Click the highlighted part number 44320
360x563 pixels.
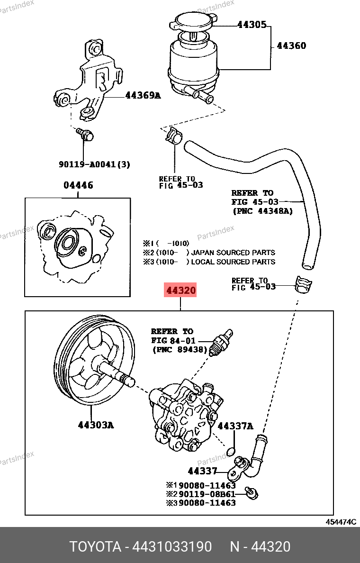click(180, 290)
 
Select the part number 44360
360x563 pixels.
click(291, 46)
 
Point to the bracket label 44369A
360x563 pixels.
click(143, 96)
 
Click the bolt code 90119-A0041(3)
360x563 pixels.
click(94, 164)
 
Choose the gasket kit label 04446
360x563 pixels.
click(78, 185)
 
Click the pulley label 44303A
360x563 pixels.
click(96, 425)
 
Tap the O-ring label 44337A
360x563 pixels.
click(235, 426)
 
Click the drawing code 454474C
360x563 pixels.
click(340, 522)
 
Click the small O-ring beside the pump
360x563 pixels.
click(231, 450)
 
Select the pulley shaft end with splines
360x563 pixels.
click(128, 379)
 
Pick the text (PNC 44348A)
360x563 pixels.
click(262, 211)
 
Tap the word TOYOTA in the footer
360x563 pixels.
click(95, 547)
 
